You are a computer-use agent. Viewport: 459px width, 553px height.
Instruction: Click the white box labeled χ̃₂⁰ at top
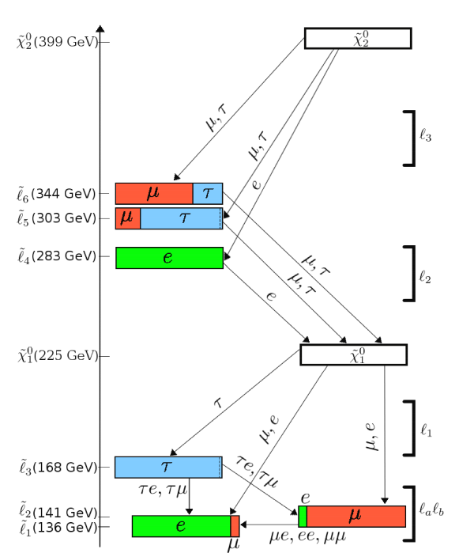[x=358, y=38]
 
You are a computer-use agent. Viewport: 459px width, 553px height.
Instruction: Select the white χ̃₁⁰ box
[x=354, y=354]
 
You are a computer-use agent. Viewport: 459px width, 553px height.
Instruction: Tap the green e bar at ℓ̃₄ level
[x=169, y=258]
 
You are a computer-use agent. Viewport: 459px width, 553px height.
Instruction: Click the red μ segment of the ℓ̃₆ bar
[x=154, y=194]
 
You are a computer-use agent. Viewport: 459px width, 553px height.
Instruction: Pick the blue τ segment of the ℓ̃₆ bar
[x=208, y=194]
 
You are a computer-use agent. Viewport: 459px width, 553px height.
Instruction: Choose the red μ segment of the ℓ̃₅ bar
[x=128, y=218]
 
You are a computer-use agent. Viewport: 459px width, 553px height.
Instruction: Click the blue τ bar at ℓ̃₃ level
[x=168, y=468]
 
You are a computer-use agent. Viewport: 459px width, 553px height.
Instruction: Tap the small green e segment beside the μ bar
[x=303, y=517]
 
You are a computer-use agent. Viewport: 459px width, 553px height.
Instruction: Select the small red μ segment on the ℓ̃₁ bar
[x=235, y=526]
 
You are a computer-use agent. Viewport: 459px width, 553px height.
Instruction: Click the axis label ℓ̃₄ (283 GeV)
[x=57, y=256]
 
